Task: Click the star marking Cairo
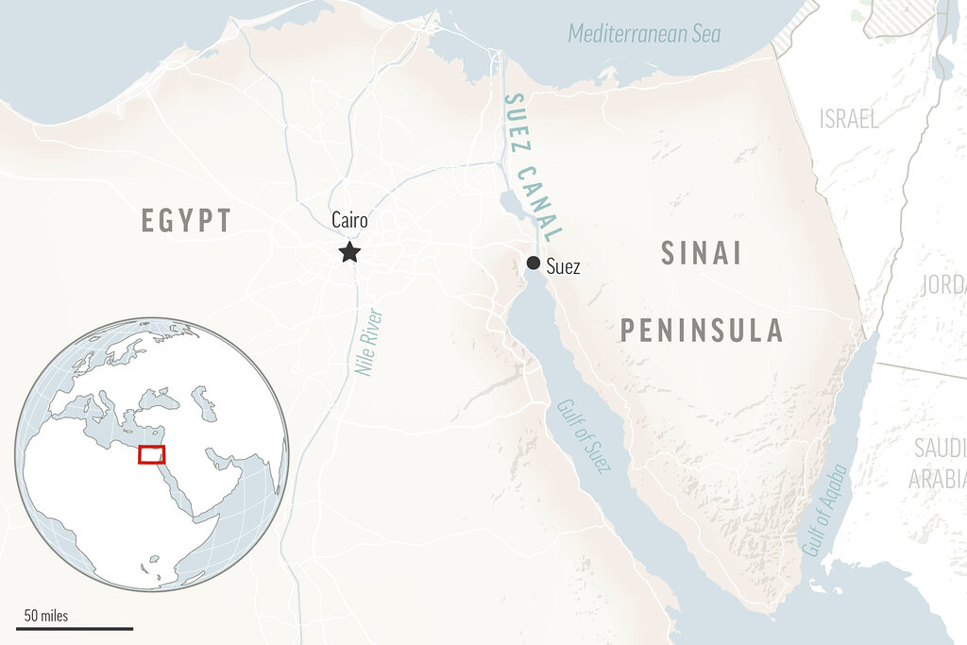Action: point(350,251)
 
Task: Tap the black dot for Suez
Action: point(534,263)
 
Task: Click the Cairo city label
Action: point(349,220)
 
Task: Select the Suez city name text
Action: point(564,267)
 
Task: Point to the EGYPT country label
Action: point(186,221)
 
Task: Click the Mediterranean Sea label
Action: point(644,35)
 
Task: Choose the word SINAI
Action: point(702,253)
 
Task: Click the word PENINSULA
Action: point(702,330)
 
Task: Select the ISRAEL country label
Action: point(849,119)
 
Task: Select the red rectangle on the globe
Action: point(152,454)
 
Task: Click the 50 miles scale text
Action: point(45,617)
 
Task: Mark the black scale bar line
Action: point(75,628)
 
